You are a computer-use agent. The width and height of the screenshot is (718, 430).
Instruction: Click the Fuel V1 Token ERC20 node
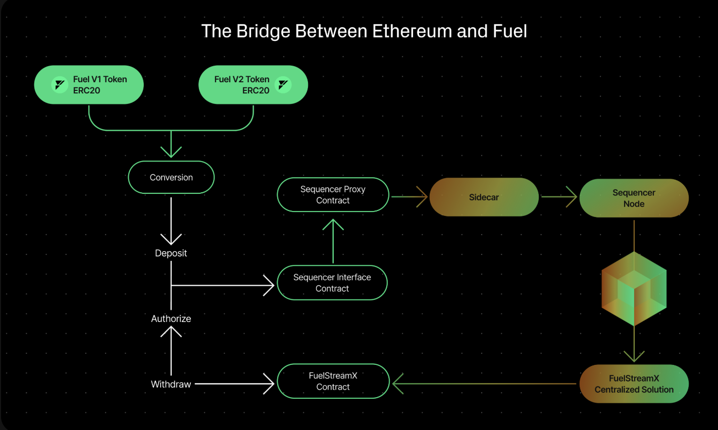89,85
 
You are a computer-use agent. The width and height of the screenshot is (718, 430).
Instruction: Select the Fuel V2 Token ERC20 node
253,85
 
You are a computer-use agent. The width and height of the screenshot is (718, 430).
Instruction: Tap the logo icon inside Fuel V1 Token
60,85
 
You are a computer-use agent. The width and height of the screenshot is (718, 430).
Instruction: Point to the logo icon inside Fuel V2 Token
283,85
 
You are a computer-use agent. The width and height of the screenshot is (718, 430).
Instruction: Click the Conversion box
171,177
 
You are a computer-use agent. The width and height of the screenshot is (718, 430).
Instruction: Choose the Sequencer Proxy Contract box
333,194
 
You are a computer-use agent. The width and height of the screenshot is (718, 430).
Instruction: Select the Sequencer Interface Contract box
332,283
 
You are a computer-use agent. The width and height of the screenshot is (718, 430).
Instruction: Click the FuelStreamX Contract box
333,381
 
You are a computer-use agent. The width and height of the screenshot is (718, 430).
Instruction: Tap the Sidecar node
484,197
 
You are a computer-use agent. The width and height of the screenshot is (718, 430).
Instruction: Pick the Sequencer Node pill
634,198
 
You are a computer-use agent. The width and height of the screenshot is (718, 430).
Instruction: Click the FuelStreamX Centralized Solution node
634,384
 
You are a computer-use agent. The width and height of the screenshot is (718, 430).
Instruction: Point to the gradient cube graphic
634,289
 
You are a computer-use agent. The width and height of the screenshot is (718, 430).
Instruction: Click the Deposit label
171,253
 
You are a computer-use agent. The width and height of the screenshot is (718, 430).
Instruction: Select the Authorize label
171,318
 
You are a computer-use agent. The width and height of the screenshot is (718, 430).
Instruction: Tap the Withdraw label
171,384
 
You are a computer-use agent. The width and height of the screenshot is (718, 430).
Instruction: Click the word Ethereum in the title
412,31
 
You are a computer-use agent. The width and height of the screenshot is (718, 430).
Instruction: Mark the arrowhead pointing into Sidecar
423,197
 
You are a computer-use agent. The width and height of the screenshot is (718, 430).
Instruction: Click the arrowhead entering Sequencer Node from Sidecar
572,197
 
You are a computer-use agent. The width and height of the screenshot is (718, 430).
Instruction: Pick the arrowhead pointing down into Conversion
171,152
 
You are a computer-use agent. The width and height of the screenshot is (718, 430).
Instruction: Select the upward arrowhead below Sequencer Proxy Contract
333,224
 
